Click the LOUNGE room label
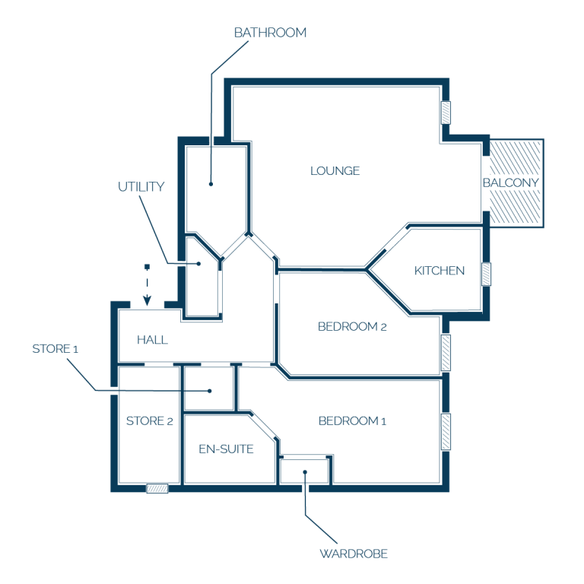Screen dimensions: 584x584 point(335,171)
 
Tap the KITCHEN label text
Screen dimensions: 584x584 point(440,271)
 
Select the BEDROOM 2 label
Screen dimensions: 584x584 point(352,327)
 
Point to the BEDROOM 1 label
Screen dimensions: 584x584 point(352,421)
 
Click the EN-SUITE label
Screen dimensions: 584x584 point(226,449)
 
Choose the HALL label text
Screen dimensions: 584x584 point(152,340)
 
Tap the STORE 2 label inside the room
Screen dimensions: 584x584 point(150,421)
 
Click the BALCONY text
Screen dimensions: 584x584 point(511,182)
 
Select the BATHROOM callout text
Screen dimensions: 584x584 point(271,33)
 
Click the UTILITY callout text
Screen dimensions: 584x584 point(141,186)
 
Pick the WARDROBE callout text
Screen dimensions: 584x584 point(354,554)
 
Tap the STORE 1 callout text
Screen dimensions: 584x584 point(55,349)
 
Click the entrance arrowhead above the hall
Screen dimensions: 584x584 point(147,300)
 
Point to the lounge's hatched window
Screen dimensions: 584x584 point(446,113)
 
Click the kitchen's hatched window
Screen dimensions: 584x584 point(486,274)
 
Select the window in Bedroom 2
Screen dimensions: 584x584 point(446,353)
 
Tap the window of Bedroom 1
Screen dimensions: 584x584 point(446,432)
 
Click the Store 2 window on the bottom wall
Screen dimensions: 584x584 point(157,488)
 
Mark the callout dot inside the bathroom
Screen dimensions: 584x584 point(211,184)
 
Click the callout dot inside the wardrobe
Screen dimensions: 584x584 point(305,472)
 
